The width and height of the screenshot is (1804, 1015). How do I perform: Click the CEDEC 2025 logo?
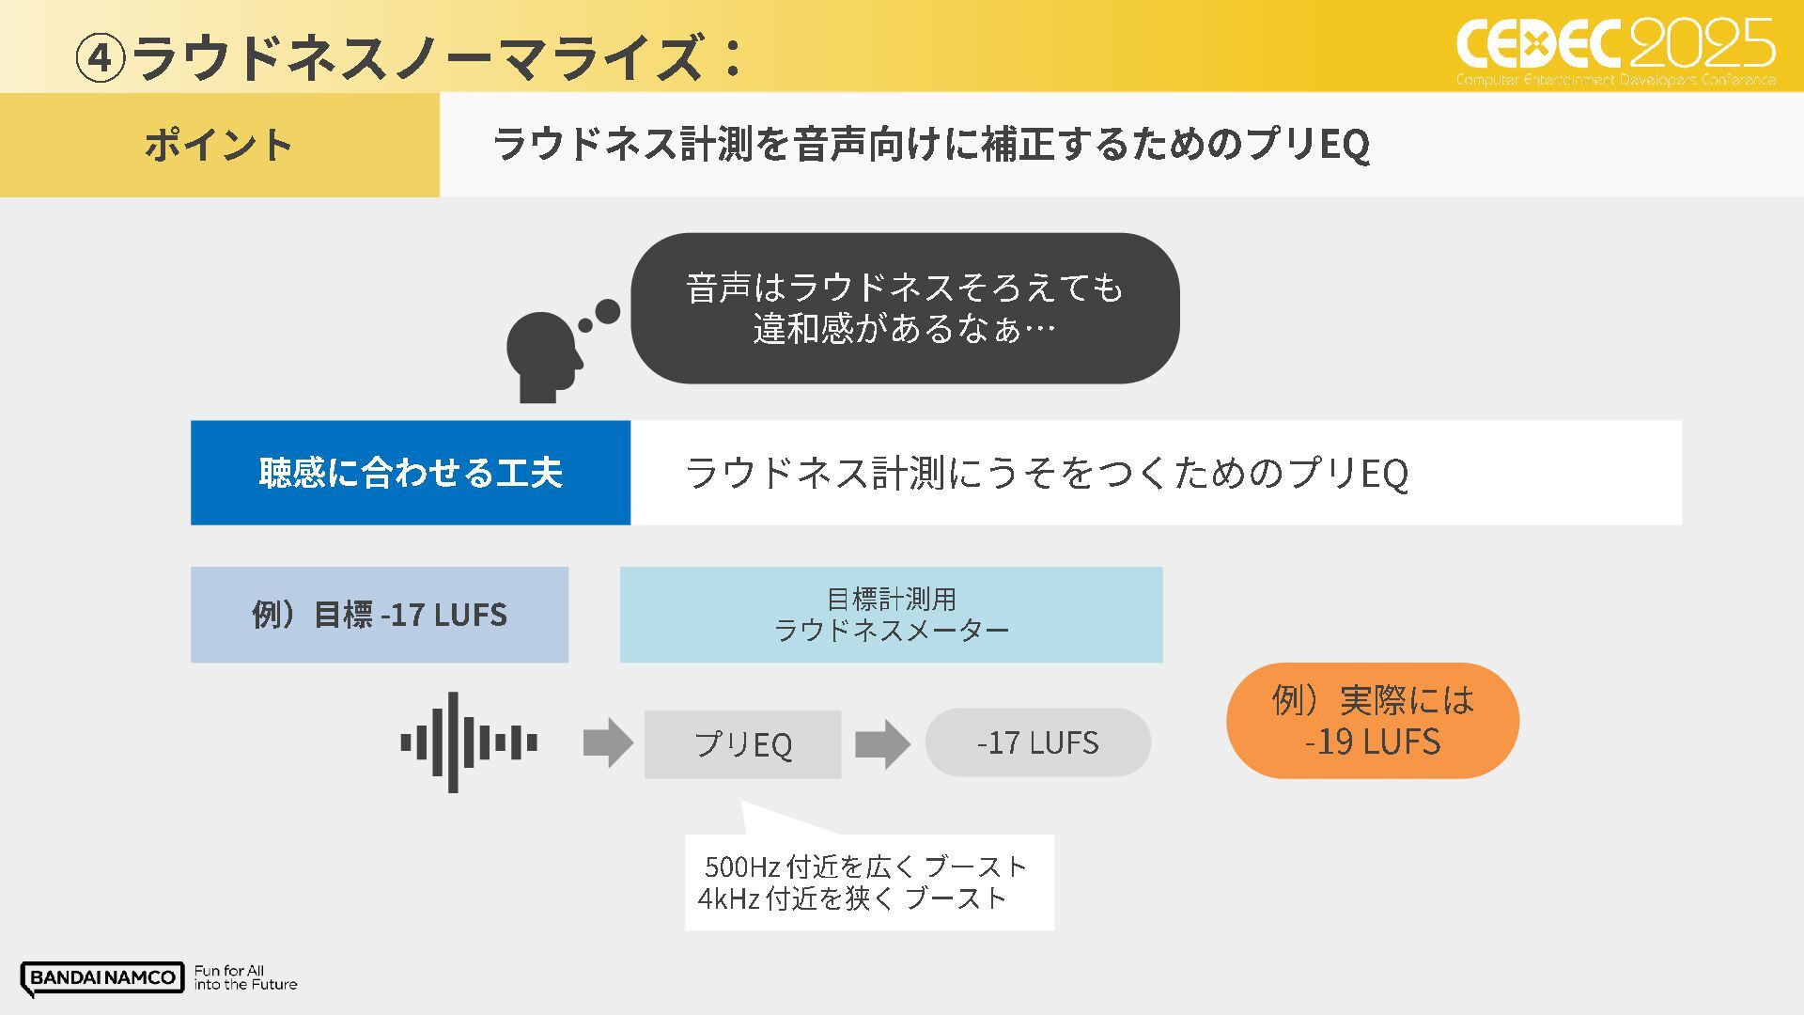coord(1615,51)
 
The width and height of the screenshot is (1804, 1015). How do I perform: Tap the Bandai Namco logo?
coord(102,978)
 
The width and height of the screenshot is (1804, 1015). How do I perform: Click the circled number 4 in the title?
coord(100,57)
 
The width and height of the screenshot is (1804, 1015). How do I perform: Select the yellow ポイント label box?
coord(219,145)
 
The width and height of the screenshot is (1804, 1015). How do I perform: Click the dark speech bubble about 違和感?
coord(904,308)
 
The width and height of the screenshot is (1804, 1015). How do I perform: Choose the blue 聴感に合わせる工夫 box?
coord(410,473)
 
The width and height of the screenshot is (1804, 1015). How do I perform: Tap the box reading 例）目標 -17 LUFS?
coord(379,615)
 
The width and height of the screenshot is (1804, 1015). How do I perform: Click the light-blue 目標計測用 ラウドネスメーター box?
coord(891,615)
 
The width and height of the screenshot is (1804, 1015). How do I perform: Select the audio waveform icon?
coord(468,742)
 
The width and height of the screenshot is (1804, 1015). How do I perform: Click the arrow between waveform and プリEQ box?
coord(608,742)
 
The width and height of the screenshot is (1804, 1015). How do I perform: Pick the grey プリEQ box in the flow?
coord(742,744)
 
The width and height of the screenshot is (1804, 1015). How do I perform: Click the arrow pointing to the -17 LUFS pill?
coord(881,744)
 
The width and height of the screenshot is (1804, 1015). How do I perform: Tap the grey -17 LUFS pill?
coord(1037,742)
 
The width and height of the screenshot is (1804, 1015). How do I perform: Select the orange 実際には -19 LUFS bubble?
coord(1372,721)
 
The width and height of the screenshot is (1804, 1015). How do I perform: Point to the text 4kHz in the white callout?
coord(728,899)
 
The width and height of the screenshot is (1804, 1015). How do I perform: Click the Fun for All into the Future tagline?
coord(245,977)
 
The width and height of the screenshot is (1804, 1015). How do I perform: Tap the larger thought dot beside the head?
coord(608,311)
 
